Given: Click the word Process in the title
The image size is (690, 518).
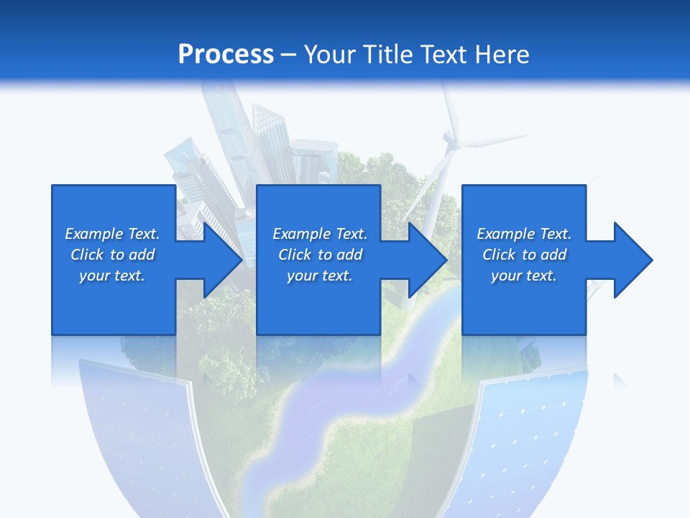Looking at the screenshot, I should [226, 55].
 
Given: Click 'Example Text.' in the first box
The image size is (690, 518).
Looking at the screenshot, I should [112, 234].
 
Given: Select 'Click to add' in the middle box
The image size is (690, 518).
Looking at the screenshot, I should [320, 255].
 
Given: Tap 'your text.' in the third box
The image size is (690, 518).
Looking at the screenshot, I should [523, 276].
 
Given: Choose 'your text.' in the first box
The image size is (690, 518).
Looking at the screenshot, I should [112, 276].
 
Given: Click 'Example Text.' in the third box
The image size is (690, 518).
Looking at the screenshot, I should [523, 234].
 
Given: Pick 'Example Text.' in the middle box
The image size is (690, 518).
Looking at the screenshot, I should [320, 234].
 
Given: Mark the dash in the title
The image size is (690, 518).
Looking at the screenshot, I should [288, 55].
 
